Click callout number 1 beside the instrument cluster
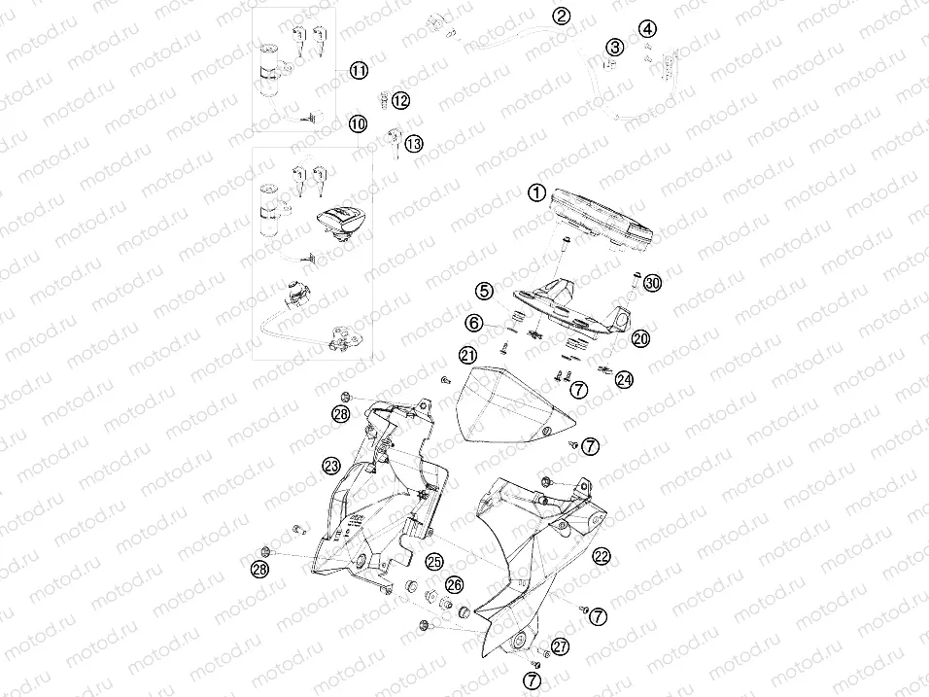(536, 192)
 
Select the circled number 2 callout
(562, 16)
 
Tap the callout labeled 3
(614, 47)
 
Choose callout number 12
(400, 99)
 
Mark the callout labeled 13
(414, 144)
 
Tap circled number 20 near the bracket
(639, 338)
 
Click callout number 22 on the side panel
(602, 556)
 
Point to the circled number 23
(331, 465)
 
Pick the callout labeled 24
(623, 378)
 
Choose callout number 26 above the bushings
(454, 583)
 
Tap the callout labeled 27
(560, 646)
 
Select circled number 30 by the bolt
(651, 283)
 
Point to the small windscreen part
(510, 403)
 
